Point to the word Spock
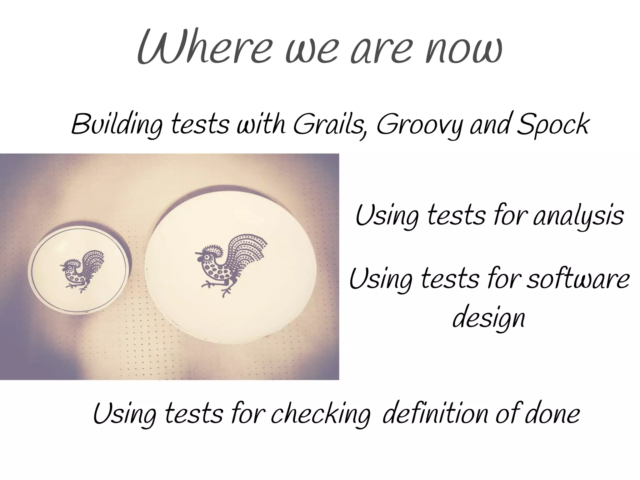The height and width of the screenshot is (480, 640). [x=553, y=125]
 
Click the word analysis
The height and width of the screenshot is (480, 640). [x=578, y=216]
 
